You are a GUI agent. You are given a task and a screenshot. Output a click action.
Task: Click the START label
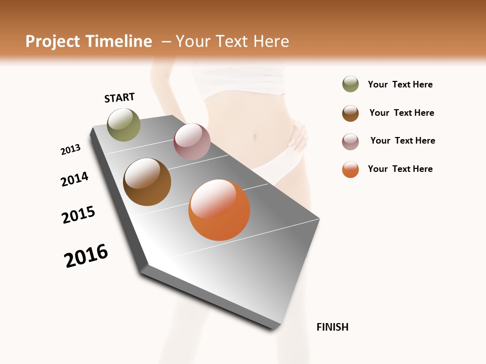tap(119, 98)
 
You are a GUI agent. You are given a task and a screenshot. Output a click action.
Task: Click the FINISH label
tap(332, 327)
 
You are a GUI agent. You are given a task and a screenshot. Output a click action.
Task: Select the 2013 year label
tap(70, 150)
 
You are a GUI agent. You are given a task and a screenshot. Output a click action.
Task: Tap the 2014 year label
tap(74, 179)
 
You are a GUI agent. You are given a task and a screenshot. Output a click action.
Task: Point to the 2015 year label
tap(78, 215)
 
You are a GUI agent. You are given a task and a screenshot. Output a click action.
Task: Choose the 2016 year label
tap(86, 256)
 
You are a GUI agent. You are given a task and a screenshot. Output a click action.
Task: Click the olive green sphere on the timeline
tap(124, 124)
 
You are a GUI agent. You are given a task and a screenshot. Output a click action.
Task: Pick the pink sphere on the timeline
tap(192, 142)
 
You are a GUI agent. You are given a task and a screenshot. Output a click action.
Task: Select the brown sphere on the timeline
tap(147, 182)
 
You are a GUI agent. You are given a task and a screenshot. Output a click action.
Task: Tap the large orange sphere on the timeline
tap(219, 210)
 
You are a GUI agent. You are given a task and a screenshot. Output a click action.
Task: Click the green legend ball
tap(350, 84)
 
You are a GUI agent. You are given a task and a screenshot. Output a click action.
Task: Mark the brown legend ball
tap(350, 113)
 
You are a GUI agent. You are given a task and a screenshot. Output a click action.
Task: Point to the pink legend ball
tap(350, 142)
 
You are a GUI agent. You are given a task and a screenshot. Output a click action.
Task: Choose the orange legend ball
tap(350, 169)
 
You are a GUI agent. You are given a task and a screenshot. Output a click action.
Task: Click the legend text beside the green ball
tap(400, 84)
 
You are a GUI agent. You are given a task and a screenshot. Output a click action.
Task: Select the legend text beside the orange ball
tap(400, 169)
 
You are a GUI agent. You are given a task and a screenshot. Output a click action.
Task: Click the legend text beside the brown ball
tap(401, 113)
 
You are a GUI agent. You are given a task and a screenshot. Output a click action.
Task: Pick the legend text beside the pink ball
tap(402, 141)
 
